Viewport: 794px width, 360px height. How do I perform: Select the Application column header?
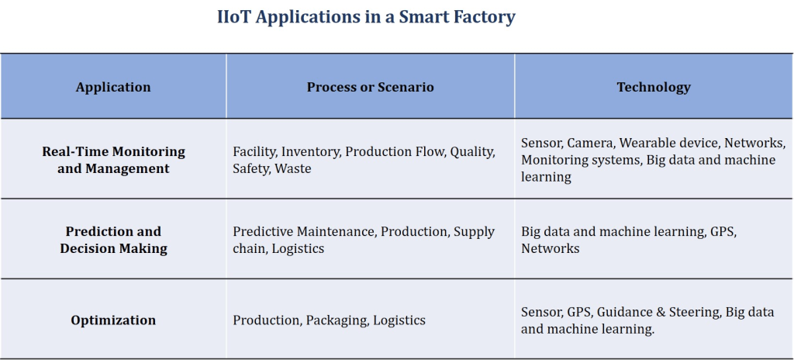point(113,87)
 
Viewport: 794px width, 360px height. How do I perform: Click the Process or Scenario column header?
point(370,87)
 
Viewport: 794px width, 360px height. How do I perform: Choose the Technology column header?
point(653,87)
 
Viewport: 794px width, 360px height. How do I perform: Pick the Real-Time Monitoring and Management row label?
point(113,160)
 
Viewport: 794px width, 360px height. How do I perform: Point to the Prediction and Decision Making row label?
point(113,240)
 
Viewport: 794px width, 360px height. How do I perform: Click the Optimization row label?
point(113,320)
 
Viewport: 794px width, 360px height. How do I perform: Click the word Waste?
point(293,168)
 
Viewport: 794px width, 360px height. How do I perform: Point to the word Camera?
point(590,144)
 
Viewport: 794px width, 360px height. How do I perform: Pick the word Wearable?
point(647,144)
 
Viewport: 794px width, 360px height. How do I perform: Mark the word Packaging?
point(337,320)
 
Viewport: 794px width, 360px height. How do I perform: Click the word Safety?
point(250,168)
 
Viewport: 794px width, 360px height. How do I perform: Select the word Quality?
point(472,152)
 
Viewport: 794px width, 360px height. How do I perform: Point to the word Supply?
point(474,232)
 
